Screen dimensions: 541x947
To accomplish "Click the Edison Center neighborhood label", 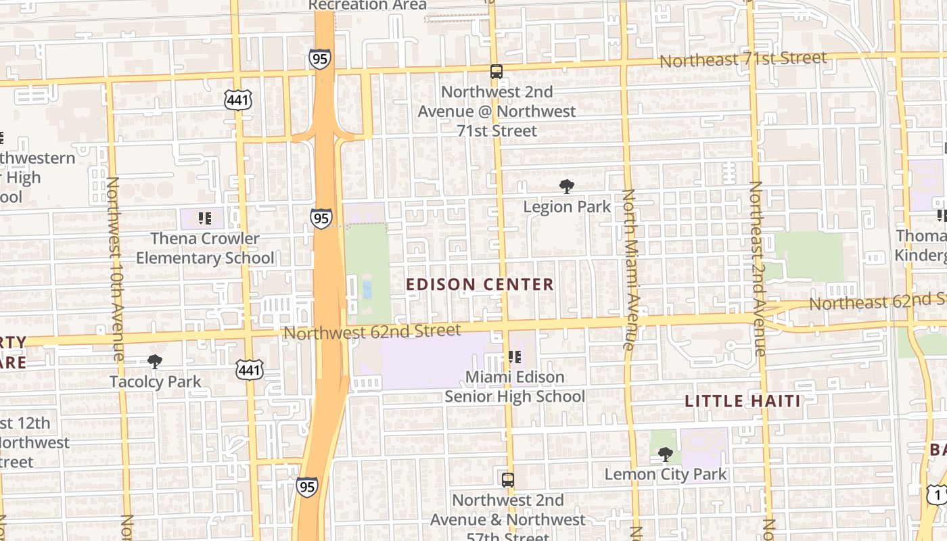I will click(480, 285).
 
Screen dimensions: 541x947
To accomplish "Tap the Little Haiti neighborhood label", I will click(743, 401).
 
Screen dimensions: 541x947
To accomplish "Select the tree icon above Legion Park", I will click(567, 187).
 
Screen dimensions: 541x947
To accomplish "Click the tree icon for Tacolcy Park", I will click(155, 362).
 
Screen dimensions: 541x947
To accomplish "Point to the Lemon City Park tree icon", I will click(666, 454).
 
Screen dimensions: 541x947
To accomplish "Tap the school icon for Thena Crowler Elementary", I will click(205, 218).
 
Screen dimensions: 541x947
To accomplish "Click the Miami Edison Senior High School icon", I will click(514, 356).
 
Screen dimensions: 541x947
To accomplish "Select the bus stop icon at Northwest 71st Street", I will click(496, 72).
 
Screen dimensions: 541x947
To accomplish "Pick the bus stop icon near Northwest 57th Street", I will click(508, 480).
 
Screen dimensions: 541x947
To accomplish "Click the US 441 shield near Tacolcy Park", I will click(250, 369).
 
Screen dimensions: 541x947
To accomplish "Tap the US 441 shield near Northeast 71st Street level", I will click(238, 100).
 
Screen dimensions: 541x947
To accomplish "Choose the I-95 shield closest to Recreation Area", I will click(320, 58).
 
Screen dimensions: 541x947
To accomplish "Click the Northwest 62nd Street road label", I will click(372, 332).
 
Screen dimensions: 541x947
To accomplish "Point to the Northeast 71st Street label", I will click(743, 60).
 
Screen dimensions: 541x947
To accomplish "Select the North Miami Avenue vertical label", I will click(630, 269).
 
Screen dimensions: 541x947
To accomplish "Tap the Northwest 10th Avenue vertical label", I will click(114, 268).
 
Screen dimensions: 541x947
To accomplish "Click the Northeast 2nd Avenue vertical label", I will click(757, 268).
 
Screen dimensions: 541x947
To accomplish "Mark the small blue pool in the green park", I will click(367, 289).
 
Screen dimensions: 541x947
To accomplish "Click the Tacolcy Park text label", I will click(156, 382).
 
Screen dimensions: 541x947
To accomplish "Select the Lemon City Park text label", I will click(666, 474).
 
